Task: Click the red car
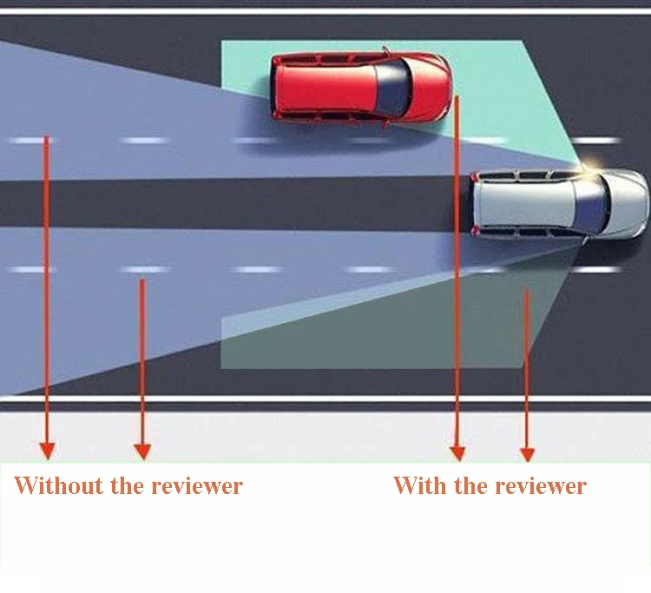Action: tap(360, 86)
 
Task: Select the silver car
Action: tap(559, 203)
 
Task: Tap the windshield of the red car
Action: tap(392, 88)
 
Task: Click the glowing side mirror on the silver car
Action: tap(586, 166)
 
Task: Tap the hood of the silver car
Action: tap(628, 203)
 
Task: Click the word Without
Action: tap(58, 485)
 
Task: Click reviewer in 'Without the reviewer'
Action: tap(197, 487)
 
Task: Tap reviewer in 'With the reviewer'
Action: tap(541, 487)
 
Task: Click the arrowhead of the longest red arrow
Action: tap(457, 453)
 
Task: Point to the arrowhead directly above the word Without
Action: tap(47, 451)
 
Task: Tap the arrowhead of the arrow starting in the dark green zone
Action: tap(527, 454)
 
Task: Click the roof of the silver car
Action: tap(526, 203)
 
